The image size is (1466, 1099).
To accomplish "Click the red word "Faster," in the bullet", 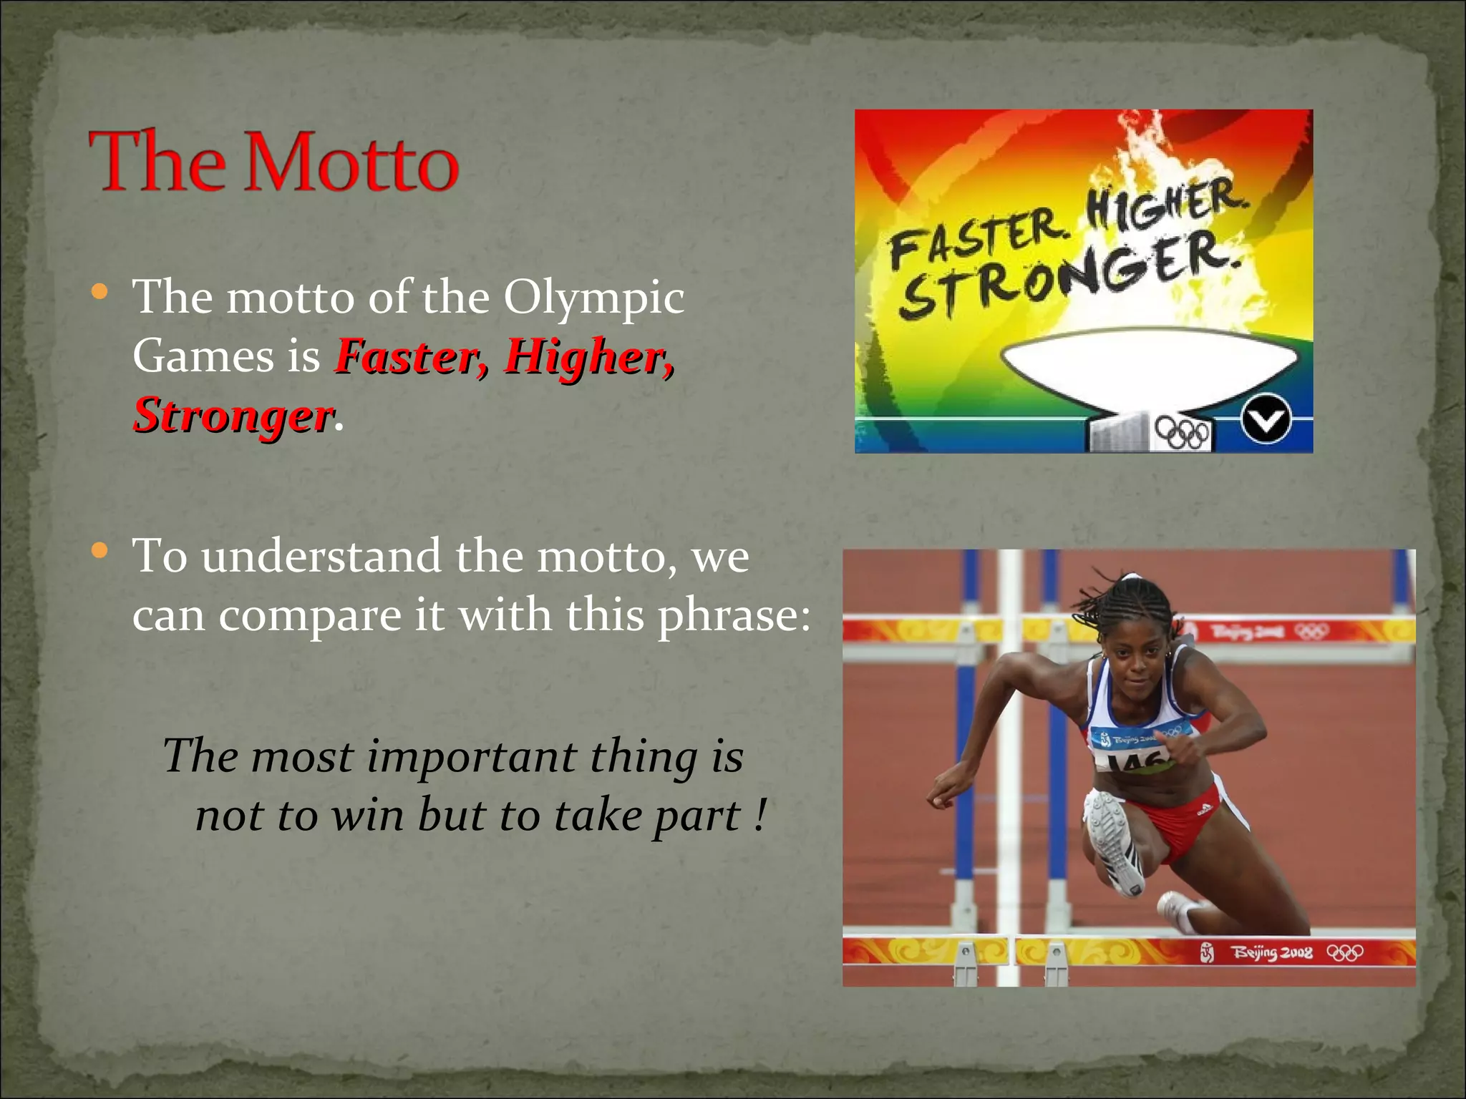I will pos(412,356).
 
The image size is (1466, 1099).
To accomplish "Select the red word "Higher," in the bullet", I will pos(588,356).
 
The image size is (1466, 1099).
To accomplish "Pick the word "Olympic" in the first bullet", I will pos(593,297).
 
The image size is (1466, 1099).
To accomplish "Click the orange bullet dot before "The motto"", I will pos(100,292).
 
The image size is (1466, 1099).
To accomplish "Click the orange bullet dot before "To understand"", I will pos(100,551).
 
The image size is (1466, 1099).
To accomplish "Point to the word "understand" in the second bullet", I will pos(321,557).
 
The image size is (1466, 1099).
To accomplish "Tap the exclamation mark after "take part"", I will pos(759,815).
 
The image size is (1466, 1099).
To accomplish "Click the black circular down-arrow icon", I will pos(1266,420).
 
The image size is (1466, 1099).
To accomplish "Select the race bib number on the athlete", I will pos(1138,760).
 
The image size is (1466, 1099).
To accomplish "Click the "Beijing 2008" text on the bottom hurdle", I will pos(1271,953).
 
